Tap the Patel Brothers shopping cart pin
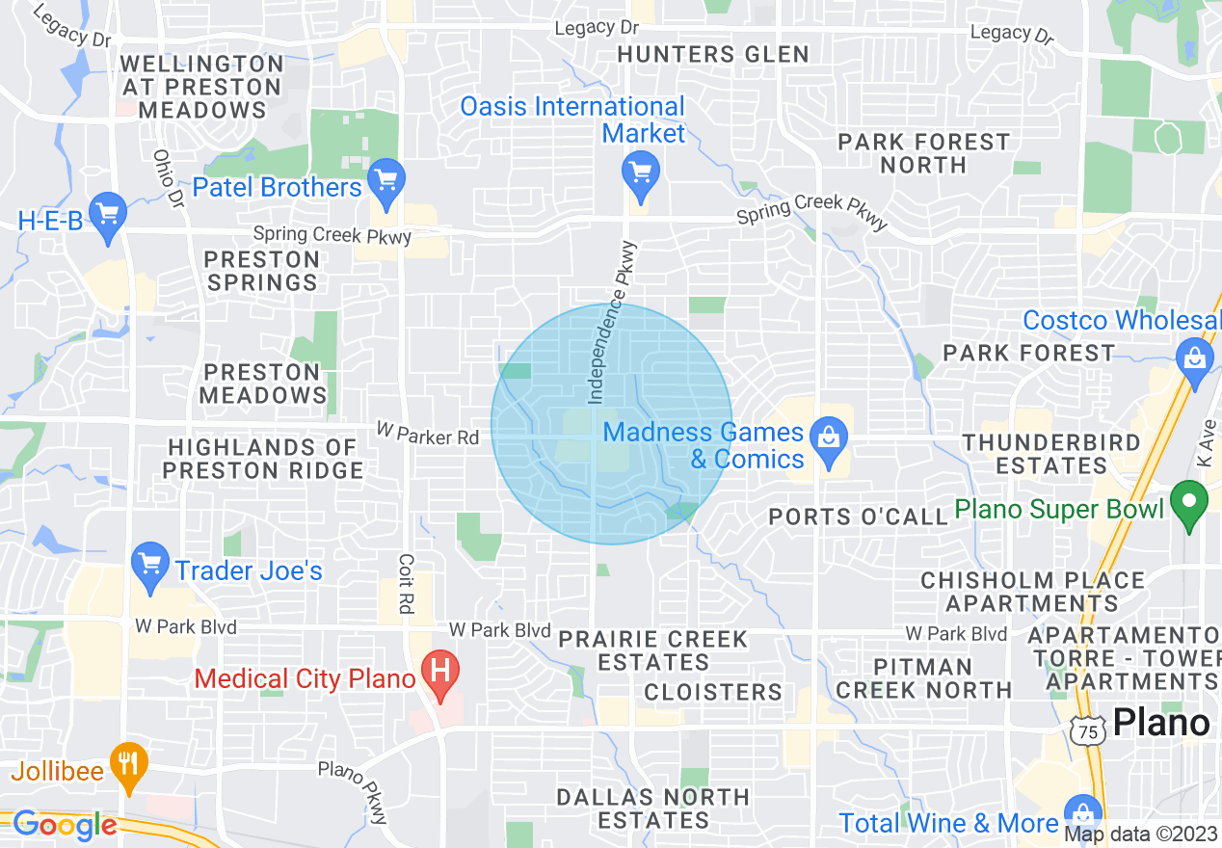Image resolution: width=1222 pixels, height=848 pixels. [x=386, y=181]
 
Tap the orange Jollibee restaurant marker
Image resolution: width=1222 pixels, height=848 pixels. [x=127, y=763]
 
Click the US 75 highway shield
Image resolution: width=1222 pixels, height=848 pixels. [x=1088, y=731]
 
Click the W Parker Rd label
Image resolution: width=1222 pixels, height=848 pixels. [x=427, y=437]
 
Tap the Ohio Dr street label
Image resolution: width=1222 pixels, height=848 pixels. [x=168, y=179]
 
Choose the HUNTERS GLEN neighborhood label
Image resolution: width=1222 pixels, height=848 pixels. [x=713, y=54]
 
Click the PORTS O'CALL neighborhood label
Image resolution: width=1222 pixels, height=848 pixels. [x=859, y=517]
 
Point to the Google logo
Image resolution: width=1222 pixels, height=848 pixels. [x=64, y=825]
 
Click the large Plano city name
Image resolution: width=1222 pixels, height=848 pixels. [x=1161, y=723]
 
